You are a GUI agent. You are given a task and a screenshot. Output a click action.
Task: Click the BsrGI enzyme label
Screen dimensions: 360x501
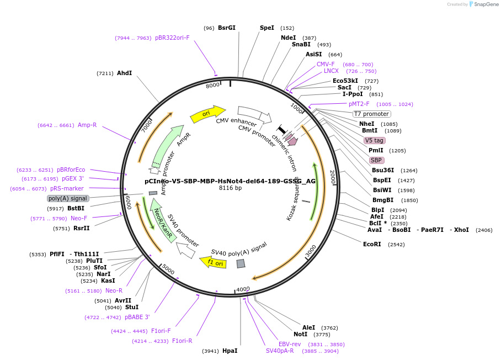click(226, 28)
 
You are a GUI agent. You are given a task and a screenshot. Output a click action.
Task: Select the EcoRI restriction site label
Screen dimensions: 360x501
click(372, 244)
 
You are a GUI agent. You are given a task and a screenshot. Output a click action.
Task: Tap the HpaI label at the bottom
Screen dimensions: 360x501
click(230, 351)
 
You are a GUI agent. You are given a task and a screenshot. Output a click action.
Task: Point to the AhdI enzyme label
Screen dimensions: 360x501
click(124, 73)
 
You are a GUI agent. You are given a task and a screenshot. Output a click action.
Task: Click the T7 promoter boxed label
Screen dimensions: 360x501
click(371, 114)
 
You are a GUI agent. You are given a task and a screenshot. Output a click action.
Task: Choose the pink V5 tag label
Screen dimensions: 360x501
click(375, 140)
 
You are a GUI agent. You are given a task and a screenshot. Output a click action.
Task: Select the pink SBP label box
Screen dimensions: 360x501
click(376, 160)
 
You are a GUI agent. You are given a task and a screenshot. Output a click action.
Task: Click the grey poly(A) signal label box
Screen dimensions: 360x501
click(68, 198)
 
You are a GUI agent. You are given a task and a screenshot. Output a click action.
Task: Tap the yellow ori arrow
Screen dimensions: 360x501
click(207, 114)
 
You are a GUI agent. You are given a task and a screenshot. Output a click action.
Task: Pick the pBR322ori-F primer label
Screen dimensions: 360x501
click(172, 38)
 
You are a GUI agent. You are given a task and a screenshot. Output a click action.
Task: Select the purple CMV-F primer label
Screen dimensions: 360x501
click(326, 64)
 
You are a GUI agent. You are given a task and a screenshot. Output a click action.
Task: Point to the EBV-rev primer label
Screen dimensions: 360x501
click(290, 344)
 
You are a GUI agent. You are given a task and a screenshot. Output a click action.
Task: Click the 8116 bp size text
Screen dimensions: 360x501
click(230, 188)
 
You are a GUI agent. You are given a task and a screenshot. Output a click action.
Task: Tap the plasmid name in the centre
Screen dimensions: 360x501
click(230, 181)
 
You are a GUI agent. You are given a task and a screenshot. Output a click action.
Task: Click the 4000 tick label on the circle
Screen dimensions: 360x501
click(243, 289)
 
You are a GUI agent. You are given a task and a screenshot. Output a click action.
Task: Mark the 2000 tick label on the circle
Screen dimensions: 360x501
click(332, 177)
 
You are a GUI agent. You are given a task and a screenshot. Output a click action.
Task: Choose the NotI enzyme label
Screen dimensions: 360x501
click(300, 334)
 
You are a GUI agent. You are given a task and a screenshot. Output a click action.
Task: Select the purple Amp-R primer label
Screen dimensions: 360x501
click(87, 125)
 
